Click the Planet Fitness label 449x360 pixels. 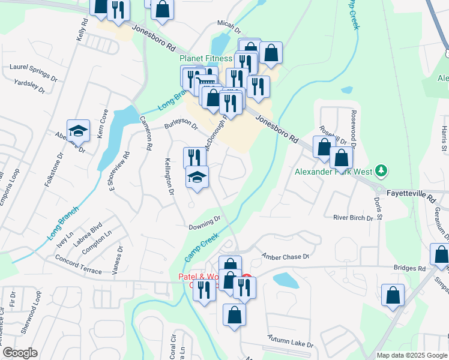[x=206, y=59]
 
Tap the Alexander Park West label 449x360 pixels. [x=332, y=171]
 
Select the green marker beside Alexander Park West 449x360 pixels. [x=379, y=171]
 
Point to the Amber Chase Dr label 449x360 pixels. [x=286, y=256]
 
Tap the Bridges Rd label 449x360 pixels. [x=409, y=268]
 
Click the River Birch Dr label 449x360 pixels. [x=353, y=218]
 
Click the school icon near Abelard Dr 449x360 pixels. [x=77, y=129]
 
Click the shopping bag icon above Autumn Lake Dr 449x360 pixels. [x=234, y=314]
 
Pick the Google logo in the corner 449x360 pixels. [x=20, y=353]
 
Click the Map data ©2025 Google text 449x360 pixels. [x=411, y=355]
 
